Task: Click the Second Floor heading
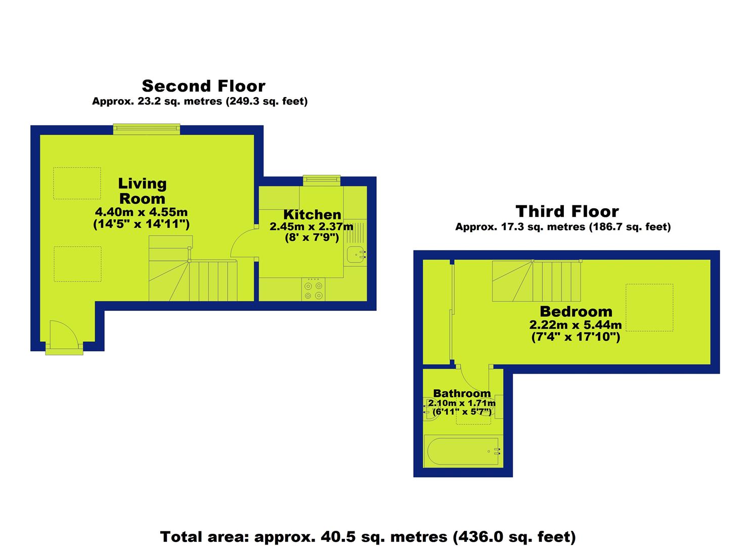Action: pos(203,86)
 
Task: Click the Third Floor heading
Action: pos(567,211)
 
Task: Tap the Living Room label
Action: pos(142,191)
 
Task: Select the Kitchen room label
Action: pos(312,214)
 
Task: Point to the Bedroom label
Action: pos(576,312)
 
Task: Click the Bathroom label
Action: pos(462,393)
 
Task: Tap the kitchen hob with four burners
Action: pos(313,289)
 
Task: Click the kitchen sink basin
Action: pos(356,255)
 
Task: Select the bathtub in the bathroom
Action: pos(463,451)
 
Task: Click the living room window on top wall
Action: pos(147,129)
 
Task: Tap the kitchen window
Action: pos(322,180)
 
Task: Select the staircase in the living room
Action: pos(193,268)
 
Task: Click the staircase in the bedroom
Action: pos(537,281)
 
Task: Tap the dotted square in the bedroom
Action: pos(649,308)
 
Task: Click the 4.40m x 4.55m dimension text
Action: pos(141,212)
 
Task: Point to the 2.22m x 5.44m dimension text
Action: pos(576,325)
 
